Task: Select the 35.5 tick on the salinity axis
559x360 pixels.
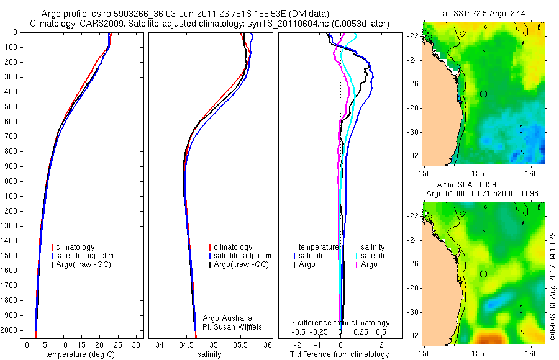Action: point(241,344)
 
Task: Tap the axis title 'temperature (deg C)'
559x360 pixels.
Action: point(78,354)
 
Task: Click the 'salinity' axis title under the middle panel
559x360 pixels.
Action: point(209,354)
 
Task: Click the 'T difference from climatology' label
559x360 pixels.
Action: point(340,354)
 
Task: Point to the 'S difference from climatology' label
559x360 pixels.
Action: point(340,323)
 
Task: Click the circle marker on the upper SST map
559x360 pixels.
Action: point(484,94)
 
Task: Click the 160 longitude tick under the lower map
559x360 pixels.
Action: point(532,353)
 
